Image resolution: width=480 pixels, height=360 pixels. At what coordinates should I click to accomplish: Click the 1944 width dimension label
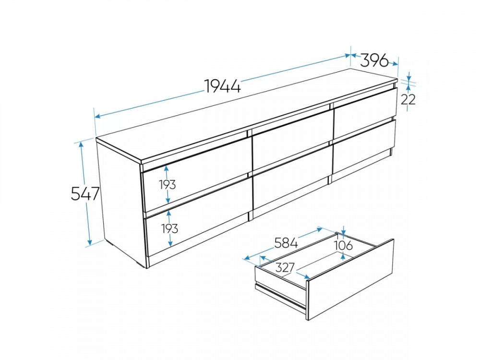coord(223,86)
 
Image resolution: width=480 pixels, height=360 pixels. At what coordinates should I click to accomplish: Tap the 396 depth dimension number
coord(374,60)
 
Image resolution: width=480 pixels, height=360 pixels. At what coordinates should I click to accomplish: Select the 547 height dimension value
coord(85,193)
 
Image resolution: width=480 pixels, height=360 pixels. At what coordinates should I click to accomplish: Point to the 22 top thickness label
coord(408,99)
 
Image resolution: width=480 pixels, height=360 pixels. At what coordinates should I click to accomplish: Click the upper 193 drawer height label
coord(167,185)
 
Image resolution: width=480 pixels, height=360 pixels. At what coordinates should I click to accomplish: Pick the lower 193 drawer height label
coord(169,228)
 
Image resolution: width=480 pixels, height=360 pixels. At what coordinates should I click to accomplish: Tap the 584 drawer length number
coord(286,243)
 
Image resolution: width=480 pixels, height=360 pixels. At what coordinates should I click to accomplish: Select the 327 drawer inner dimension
coord(285,267)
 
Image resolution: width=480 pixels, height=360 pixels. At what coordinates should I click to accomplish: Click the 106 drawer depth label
coord(343,245)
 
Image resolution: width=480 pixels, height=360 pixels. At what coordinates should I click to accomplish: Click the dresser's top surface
coord(245,116)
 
